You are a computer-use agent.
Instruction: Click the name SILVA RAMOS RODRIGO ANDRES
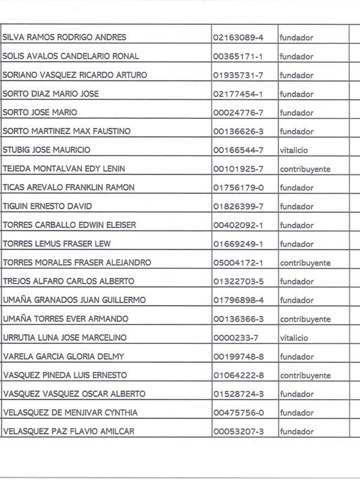(x=64, y=37)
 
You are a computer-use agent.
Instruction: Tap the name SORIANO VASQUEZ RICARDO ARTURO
(x=75, y=75)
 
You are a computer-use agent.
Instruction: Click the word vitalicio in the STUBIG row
(x=294, y=150)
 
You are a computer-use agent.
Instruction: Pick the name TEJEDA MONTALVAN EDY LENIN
(x=68, y=169)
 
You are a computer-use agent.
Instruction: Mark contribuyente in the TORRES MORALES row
(x=305, y=263)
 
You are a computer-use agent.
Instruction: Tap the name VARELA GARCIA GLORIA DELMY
(x=64, y=356)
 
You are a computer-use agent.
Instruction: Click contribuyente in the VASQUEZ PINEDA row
(x=305, y=376)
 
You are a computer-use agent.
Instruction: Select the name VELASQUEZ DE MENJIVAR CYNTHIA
(x=70, y=413)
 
